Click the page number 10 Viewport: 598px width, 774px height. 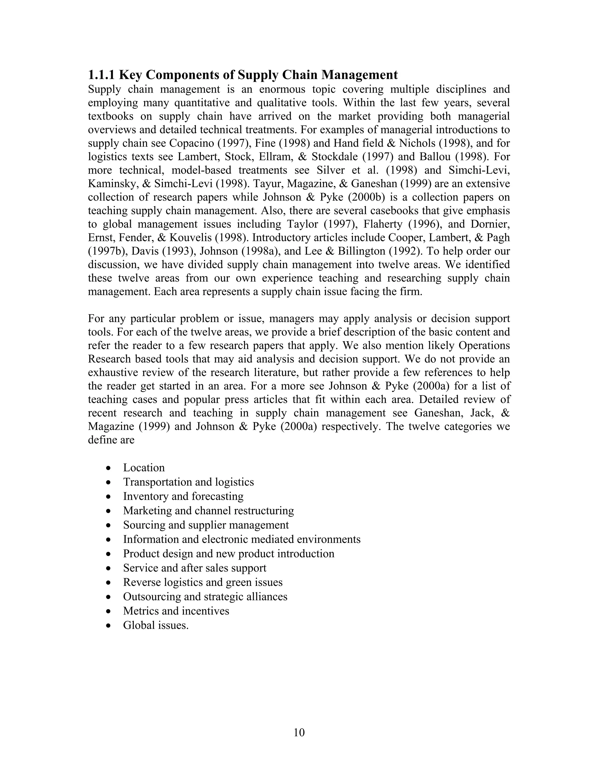(x=299, y=732)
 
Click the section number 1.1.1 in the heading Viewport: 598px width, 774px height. (x=102, y=75)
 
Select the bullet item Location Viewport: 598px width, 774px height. (x=144, y=468)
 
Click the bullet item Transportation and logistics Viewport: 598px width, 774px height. (x=188, y=482)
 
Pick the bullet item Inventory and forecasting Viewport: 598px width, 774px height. (x=183, y=496)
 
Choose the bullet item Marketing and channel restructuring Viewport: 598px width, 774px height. (x=208, y=511)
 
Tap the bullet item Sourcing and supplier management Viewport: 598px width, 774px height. (x=206, y=525)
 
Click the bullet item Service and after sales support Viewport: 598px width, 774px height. (x=194, y=568)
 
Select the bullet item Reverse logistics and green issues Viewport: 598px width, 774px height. (x=203, y=582)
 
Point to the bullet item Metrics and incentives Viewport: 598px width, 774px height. (x=176, y=611)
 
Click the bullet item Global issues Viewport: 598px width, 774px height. (x=156, y=625)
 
